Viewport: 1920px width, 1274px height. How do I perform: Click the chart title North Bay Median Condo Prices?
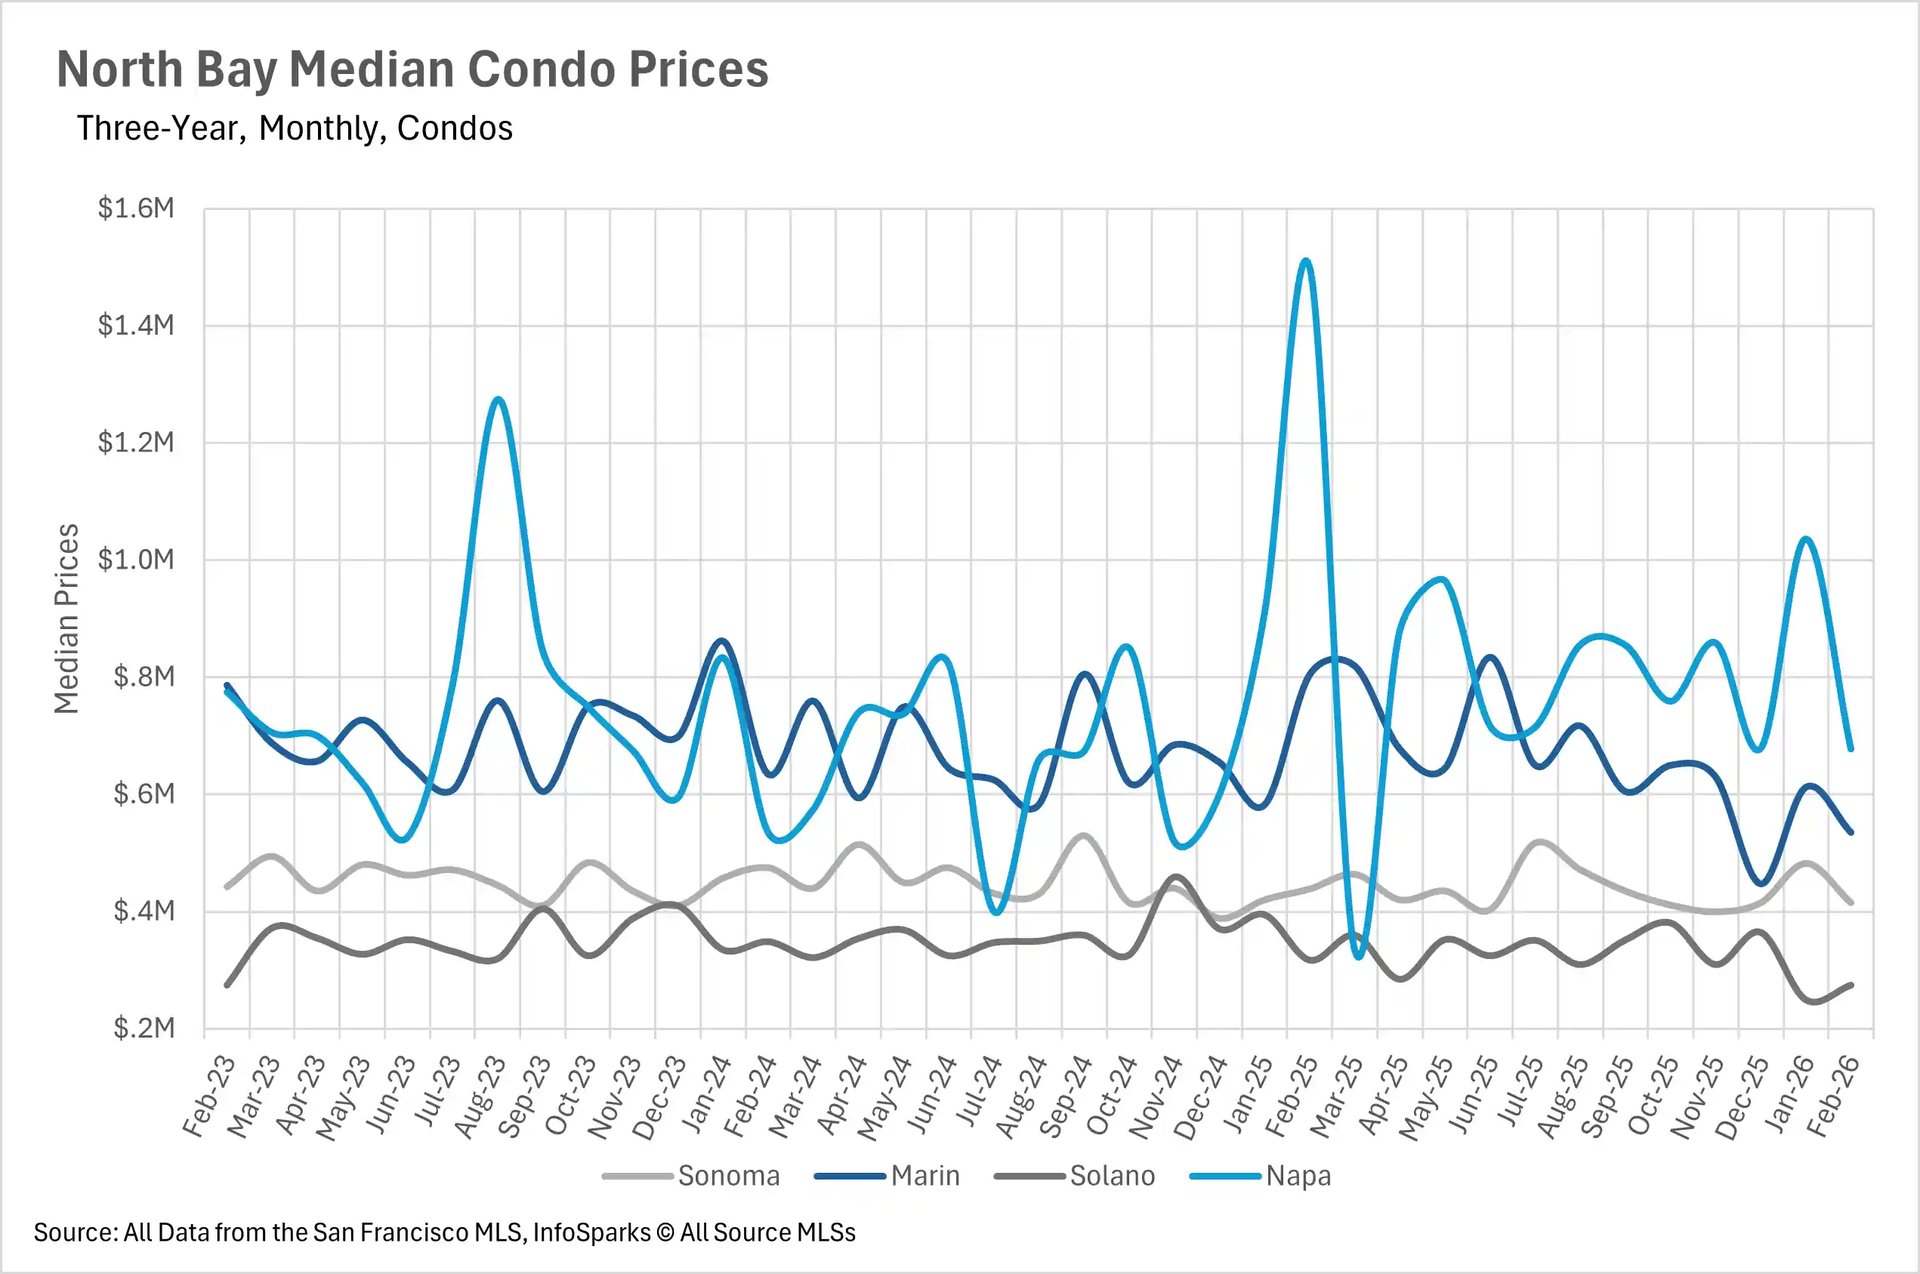click(x=412, y=70)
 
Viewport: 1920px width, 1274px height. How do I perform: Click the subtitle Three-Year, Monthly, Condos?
click(x=294, y=128)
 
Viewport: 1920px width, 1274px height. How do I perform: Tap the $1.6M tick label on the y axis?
click(x=135, y=208)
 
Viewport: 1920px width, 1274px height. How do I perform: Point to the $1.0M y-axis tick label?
click(x=135, y=559)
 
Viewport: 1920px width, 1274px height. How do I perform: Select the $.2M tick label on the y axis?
click(x=143, y=1028)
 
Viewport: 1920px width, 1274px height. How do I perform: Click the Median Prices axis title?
click(x=66, y=618)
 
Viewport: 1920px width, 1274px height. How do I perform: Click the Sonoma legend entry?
click(x=728, y=1176)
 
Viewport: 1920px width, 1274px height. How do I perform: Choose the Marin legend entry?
click(x=924, y=1176)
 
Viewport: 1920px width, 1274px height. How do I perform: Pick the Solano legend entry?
click(x=1111, y=1176)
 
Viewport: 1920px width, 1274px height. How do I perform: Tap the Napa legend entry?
click(x=1297, y=1176)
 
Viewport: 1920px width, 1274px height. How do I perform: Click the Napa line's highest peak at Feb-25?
click(x=1306, y=262)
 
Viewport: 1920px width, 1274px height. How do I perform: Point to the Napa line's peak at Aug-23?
click(x=498, y=400)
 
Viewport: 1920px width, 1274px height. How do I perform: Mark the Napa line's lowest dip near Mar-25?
click(x=1357, y=956)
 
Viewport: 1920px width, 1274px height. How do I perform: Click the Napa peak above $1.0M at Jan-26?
click(x=1806, y=540)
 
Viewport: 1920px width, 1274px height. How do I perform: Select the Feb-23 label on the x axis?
click(x=208, y=1098)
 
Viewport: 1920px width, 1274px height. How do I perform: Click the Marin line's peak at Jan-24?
click(x=723, y=641)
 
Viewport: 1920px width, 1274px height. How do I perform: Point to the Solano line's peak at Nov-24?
click(x=1176, y=878)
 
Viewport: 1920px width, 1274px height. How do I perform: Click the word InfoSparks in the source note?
click(x=591, y=1233)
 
